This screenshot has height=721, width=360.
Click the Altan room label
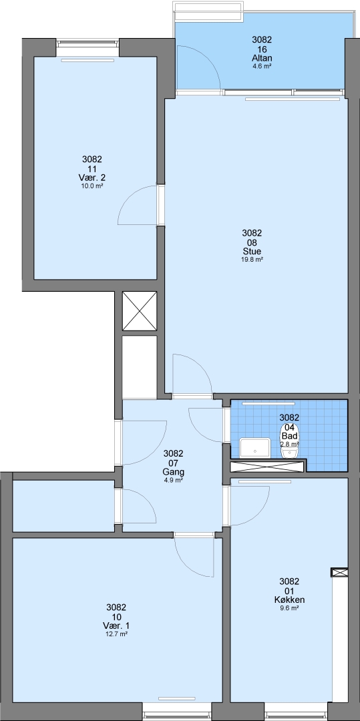coord(262,58)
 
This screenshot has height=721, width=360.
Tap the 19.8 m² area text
coord(252,259)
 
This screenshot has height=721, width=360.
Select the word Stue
coord(252,252)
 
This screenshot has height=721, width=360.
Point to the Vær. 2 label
coord(92,178)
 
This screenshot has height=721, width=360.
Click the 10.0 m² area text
coord(92,186)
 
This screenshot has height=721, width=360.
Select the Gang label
coord(174,472)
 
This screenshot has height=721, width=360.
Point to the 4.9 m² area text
coord(174,480)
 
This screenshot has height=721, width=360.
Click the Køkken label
coord(289,600)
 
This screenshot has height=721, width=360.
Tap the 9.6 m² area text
coord(289,608)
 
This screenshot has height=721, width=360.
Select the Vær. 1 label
coord(116,626)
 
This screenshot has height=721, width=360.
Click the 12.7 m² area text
coord(116,634)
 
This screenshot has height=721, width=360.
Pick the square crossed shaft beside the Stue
coord(140,311)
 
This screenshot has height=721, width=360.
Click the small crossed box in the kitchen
coord(339,572)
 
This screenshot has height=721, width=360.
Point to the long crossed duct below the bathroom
coord(267,466)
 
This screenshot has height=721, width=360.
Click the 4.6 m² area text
coord(262,65)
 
